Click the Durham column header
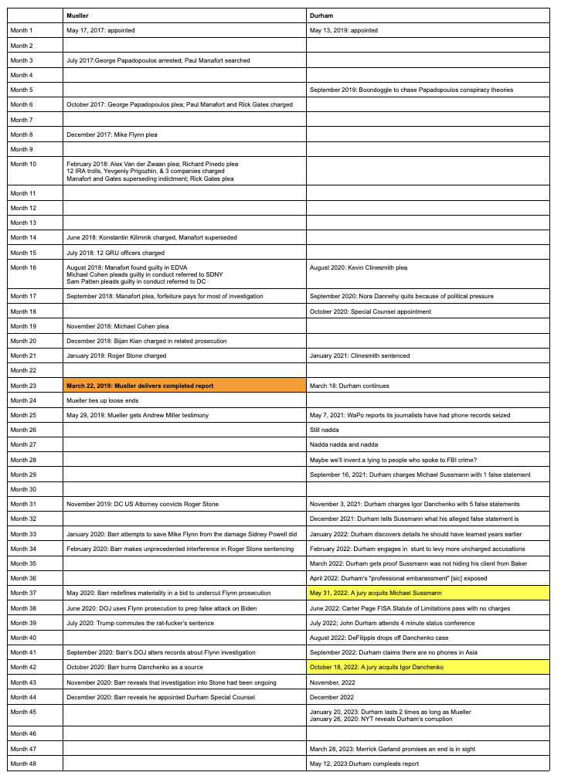pyautogui.click(x=429, y=15)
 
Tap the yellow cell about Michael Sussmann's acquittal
pyautogui.click(x=429, y=593)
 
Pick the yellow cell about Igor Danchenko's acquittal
pyautogui.click(x=429, y=667)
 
